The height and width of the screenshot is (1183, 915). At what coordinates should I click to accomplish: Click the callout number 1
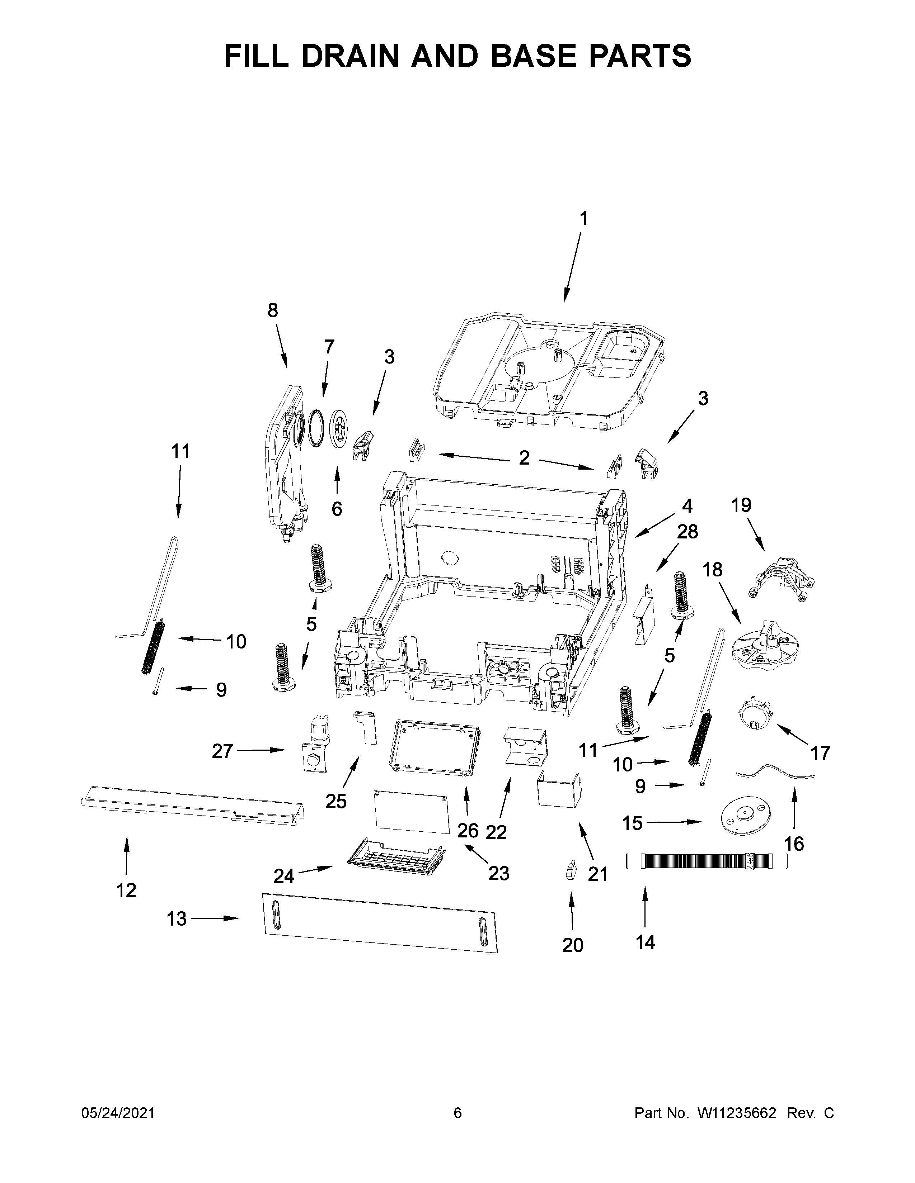(583, 219)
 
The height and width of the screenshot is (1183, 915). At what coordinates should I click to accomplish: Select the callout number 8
(273, 310)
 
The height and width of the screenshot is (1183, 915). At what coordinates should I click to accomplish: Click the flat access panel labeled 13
(379, 922)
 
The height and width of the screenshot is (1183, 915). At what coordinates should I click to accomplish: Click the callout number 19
(741, 505)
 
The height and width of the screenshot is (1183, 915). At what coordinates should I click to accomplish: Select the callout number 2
(524, 458)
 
